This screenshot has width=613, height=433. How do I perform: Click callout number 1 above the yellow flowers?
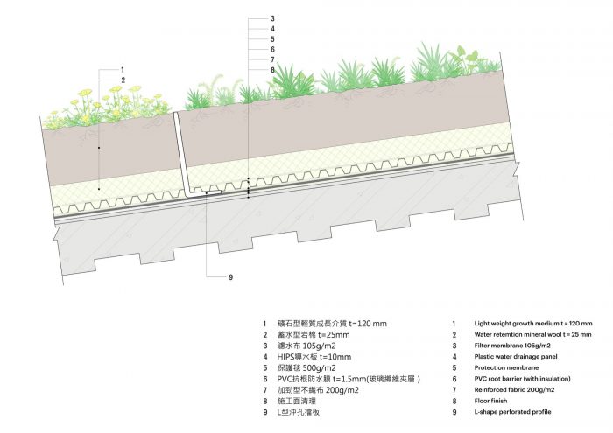pos(123,69)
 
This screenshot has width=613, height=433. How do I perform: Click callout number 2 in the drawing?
pos(123,80)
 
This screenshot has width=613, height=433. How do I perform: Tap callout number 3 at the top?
pos(272,18)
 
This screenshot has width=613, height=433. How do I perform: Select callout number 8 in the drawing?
pos(272,70)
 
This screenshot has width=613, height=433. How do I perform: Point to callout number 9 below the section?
pos(230,277)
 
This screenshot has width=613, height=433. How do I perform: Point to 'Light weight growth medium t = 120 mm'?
pos(532,324)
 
